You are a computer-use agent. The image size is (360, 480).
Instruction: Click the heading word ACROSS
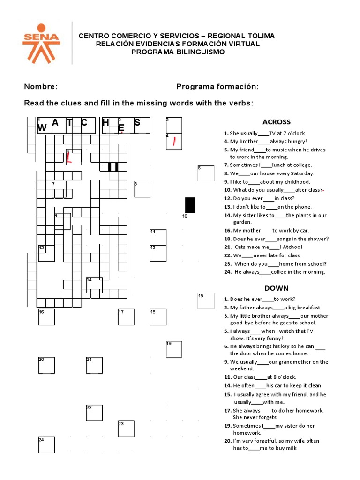pos(276,122)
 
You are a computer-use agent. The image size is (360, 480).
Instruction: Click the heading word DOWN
pos(276,288)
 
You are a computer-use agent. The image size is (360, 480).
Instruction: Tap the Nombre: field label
pos(41,87)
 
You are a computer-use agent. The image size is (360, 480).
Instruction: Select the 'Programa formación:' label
pos(217,87)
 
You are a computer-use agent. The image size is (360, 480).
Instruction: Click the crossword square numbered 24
pos(46,445)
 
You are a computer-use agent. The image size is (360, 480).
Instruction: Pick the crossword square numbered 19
pos(174,349)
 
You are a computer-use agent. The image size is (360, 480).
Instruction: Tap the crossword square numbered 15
pos(206,301)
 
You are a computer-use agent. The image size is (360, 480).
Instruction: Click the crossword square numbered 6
pos(206,173)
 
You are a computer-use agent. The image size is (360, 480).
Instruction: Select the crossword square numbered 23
pos(126,429)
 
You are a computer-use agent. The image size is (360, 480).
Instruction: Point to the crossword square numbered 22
pos(94,413)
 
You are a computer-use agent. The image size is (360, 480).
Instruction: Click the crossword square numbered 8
pos(142,189)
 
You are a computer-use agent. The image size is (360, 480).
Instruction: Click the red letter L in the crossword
pos(69,158)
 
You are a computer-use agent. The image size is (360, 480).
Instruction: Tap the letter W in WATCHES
pos(42,127)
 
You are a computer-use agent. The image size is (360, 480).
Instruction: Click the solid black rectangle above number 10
pos(190,205)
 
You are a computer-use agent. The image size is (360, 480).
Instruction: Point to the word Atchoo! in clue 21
pos(292,247)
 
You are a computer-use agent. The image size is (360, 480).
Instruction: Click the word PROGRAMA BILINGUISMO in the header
pos(178,52)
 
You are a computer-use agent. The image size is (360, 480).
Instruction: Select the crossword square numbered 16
pos(46,317)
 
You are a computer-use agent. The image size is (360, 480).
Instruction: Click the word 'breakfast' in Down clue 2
pos(307,307)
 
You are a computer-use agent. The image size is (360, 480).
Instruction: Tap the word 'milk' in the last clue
pos(290,448)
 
